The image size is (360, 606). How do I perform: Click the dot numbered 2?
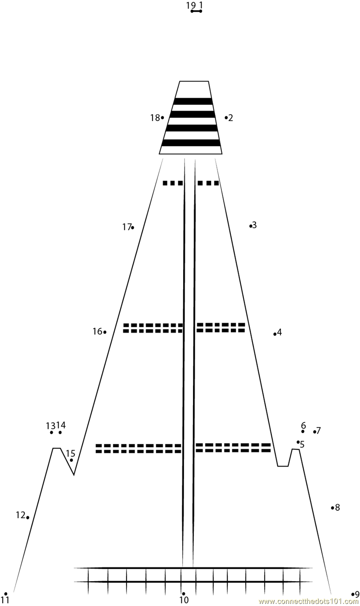click(x=226, y=118)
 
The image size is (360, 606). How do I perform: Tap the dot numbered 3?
click(x=251, y=226)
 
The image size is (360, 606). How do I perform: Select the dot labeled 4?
click(x=275, y=334)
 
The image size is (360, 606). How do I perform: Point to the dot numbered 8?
click(x=333, y=508)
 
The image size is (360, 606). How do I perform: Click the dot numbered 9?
click(x=353, y=594)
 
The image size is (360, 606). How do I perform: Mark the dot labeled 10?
click(x=183, y=594)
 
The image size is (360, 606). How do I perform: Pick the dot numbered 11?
click(x=6, y=594)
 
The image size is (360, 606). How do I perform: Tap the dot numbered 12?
click(x=27, y=517)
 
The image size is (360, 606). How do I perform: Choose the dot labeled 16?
click(x=105, y=332)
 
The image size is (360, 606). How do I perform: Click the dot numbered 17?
click(x=132, y=227)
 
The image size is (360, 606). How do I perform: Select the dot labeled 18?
click(x=162, y=118)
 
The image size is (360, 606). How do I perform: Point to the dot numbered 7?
click(x=315, y=432)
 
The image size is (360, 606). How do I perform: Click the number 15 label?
click(x=71, y=453)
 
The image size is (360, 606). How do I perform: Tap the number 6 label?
click(x=303, y=425)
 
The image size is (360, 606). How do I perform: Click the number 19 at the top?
click(x=191, y=5)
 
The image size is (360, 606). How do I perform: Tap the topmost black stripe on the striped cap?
click(x=193, y=101)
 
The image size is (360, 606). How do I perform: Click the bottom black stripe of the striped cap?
click(x=191, y=143)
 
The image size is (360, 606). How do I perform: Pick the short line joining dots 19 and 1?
click(x=196, y=11)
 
